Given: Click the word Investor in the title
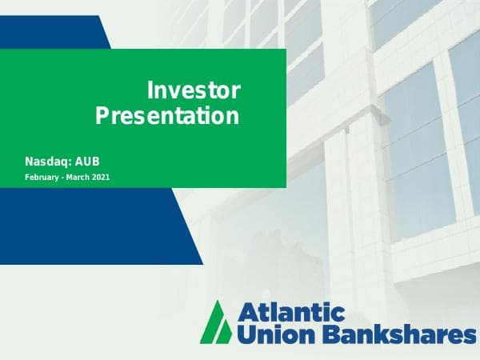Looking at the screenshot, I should pyautogui.click(x=194, y=91).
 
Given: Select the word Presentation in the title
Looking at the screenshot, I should pyautogui.click(x=167, y=117).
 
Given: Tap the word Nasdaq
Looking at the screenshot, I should pyautogui.click(x=46, y=161).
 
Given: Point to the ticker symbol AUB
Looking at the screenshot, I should pyautogui.click(x=86, y=161).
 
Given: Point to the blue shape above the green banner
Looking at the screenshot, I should pyautogui.click(x=56, y=32).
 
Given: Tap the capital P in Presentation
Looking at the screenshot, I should pyautogui.click(x=102, y=117).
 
